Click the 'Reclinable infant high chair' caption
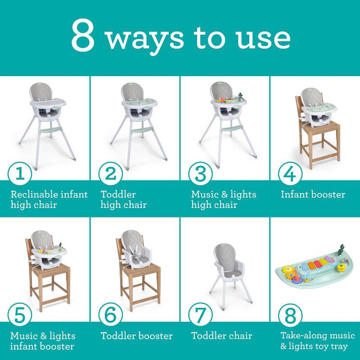[49, 200]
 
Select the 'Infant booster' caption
[313, 195]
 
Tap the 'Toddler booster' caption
[136, 336]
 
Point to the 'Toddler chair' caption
[221, 336]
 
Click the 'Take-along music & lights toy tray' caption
[314, 341]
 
